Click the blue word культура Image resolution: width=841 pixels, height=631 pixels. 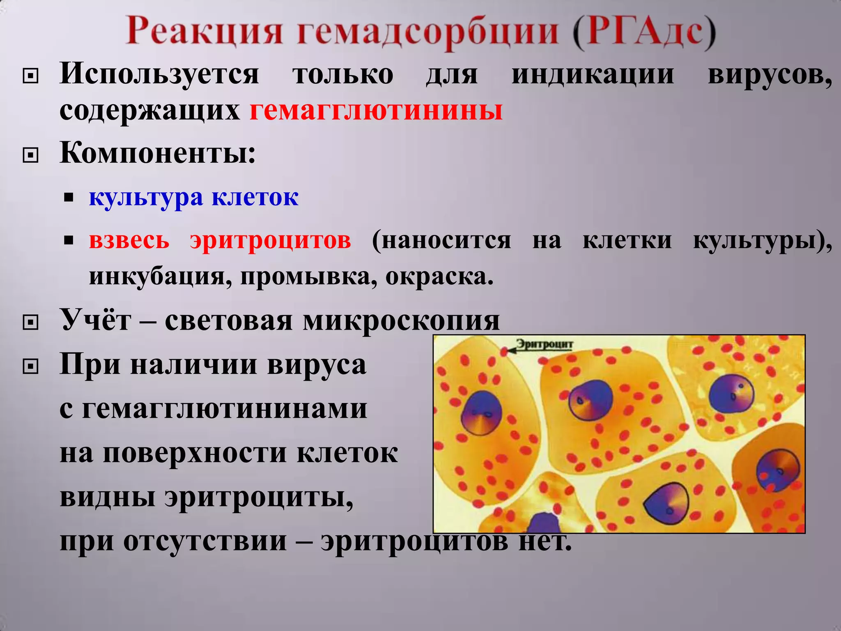click(146, 198)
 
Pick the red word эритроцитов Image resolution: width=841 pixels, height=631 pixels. click(271, 240)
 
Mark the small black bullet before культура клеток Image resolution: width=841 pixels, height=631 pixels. click(69, 198)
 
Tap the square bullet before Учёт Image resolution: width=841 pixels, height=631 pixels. click(30, 322)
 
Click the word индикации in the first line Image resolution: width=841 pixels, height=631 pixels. click(593, 75)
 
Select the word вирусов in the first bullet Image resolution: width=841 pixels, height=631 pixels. click(770, 75)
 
